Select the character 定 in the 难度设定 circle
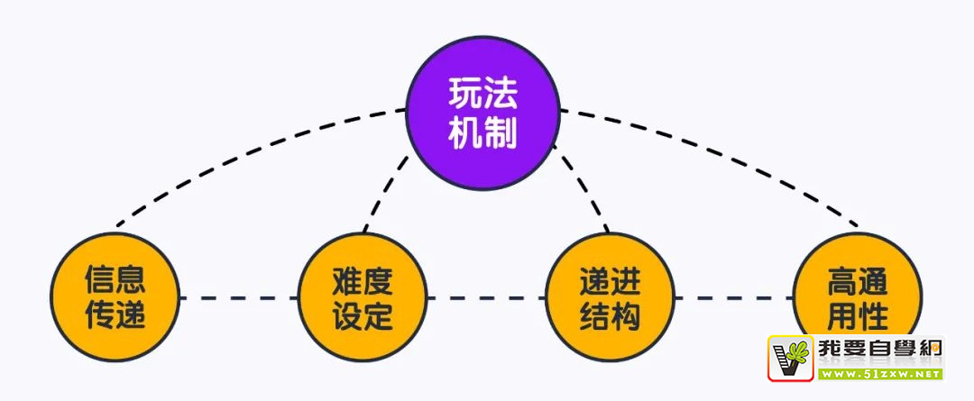[380, 316]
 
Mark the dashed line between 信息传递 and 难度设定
[238, 297]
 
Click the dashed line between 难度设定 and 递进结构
[487, 297]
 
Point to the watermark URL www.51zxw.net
[880, 373]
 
